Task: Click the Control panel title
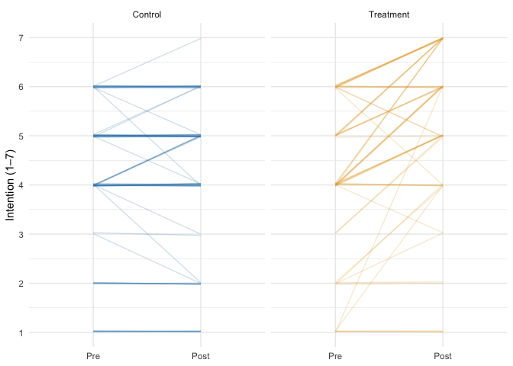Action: click(147, 14)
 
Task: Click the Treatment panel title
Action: click(389, 14)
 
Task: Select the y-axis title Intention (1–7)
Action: click(10, 185)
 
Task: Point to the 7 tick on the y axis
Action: click(21, 38)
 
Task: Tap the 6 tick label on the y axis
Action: click(21, 87)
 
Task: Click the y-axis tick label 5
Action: click(21, 136)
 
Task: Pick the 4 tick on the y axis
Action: click(21, 185)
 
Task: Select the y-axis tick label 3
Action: click(21, 235)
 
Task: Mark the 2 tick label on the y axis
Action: click(21, 284)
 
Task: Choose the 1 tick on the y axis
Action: click(21, 332)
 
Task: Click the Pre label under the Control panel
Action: click(93, 356)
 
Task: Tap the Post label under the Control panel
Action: click(201, 356)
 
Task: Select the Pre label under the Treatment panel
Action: click(335, 356)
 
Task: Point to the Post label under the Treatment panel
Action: click(443, 356)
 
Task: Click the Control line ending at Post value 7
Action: click(201, 38)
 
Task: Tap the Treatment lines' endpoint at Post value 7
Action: click(443, 38)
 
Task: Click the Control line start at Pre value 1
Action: click(93, 332)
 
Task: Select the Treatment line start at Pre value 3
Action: click(335, 234)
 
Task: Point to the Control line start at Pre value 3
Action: click(93, 233)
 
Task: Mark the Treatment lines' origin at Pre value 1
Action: click(335, 332)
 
